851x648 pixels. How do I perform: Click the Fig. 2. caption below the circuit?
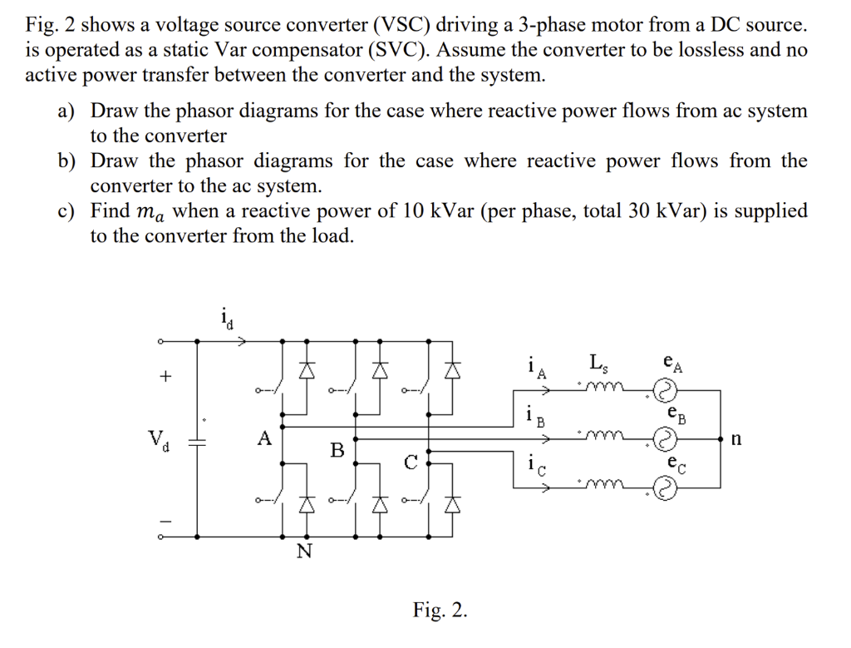pyautogui.click(x=440, y=611)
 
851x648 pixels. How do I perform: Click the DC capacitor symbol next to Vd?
pyautogui.click(x=197, y=443)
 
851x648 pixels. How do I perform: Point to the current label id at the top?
pyautogui.click(x=226, y=317)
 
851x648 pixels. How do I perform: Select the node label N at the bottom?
pyautogui.click(x=304, y=552)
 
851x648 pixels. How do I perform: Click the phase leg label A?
pyautogui.click(x=264, y=438)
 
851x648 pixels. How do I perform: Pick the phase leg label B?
pyautogui.click(x=337, y=451)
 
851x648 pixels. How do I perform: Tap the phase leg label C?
pyautogui.click(x=411, y=463)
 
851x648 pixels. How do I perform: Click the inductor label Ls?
pyautogui.click(x=598, y=364)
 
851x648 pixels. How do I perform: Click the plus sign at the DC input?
pyautogui.click(x=165, y=377)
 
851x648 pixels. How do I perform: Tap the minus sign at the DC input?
pyautogui.click(x=165, y=522)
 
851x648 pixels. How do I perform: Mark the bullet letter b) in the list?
pyautogui.click(x=66, y=161)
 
